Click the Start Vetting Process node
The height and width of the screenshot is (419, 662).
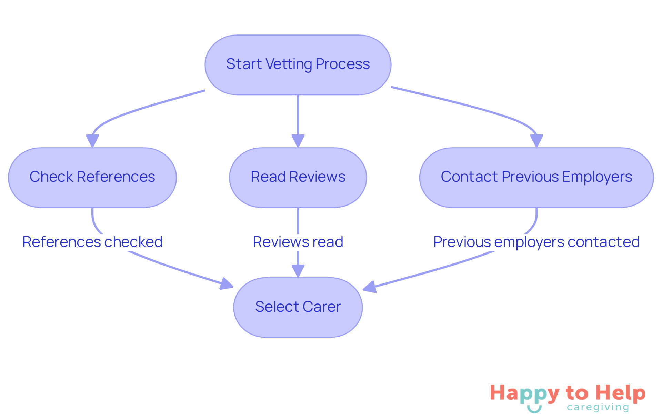point(298,64)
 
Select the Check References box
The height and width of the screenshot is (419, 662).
point(92,177)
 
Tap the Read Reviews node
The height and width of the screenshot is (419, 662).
point(298,177)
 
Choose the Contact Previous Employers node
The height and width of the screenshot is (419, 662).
point(536,177)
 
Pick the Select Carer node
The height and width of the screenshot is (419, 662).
point(298,307)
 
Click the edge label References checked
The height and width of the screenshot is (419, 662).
point(92,242)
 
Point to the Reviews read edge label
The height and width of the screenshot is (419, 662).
point(298,242)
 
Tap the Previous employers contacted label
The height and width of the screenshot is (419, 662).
point(536,242)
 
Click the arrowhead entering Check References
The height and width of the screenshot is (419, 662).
point(92,141)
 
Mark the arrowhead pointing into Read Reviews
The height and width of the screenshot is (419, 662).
point(298,141)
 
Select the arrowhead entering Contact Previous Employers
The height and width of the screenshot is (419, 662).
point(536,141)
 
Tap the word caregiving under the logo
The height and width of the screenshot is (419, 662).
point(598,408)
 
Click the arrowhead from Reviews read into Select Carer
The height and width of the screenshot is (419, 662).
point(298,271)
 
